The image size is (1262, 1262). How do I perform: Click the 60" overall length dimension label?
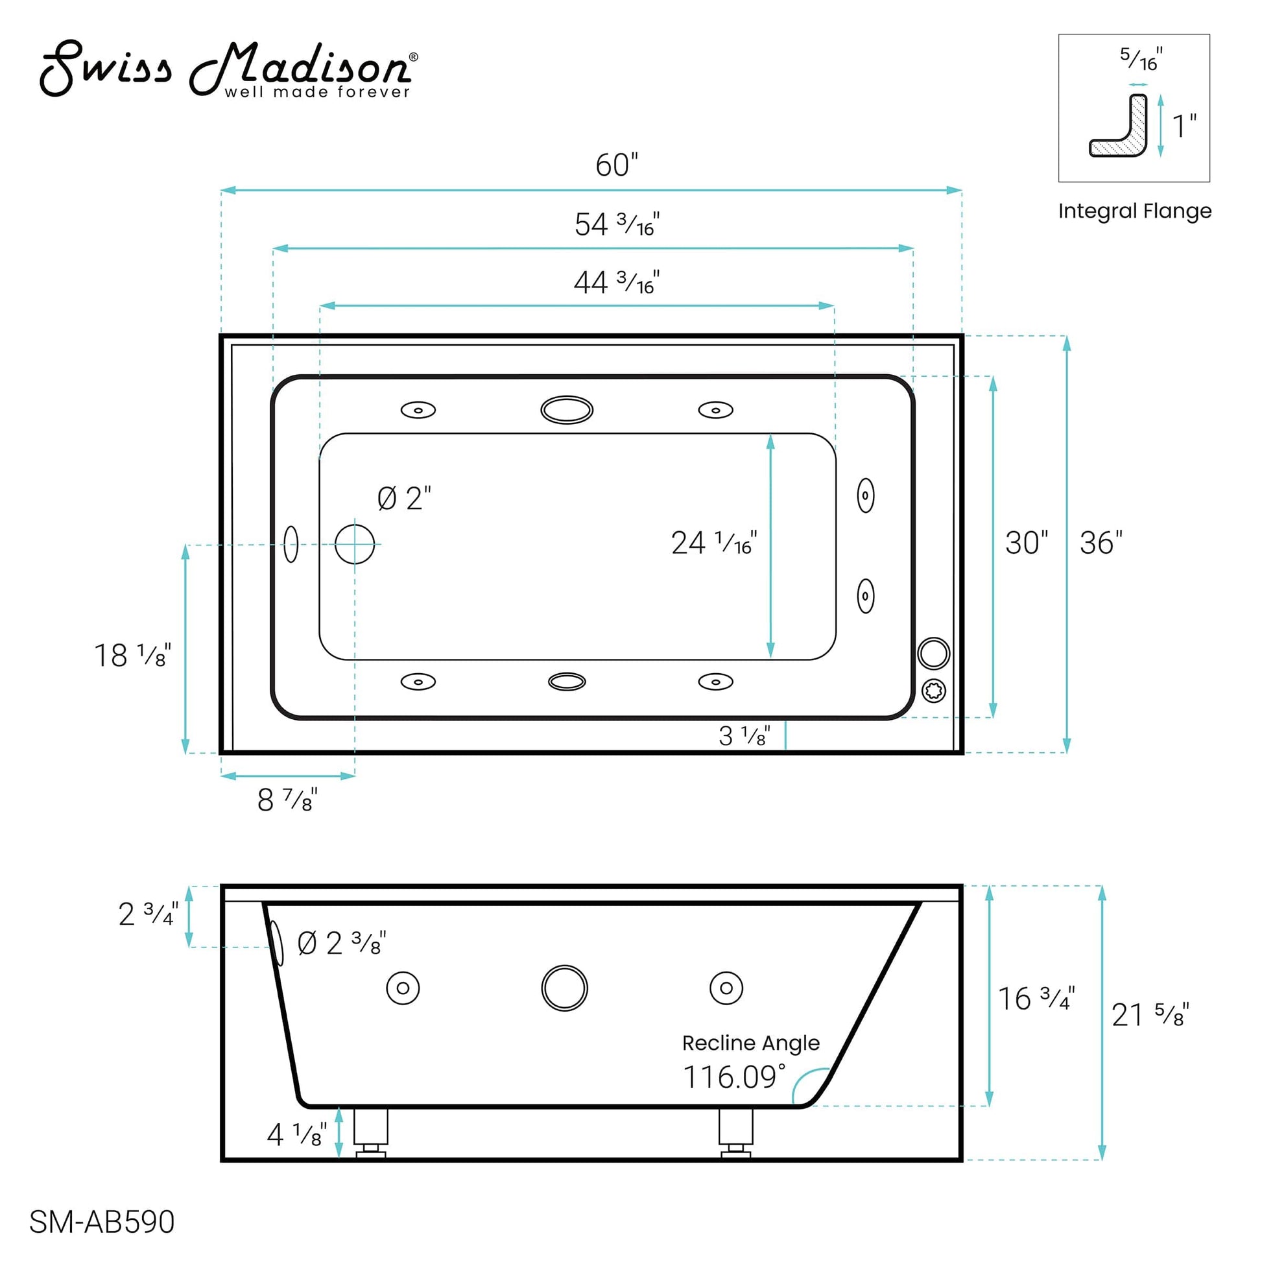[x=616, y=165]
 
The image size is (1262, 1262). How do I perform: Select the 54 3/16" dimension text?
[x=617, y=224]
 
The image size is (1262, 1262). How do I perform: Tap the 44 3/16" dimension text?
[x=617, y=283]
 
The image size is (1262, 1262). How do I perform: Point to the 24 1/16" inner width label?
[x=713, y=543]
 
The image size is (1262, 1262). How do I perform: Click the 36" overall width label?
[x=1101, y=543]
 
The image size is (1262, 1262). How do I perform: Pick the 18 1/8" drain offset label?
[x=132, y=656]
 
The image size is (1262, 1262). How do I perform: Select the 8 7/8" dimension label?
[x=287, y=800]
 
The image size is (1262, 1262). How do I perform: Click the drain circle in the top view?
[x=355, y=544]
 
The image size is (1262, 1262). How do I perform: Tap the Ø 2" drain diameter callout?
[x=404, y=499]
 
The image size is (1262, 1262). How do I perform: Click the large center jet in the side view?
[x=564, y=988]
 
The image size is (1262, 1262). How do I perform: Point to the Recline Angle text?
[x=750, y=1043]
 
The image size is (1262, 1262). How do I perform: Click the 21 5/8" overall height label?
[x=1150, y=1015]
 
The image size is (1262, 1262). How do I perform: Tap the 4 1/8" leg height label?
[x=296, y=1136]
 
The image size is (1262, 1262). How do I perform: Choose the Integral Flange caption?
[x=1135, y=211]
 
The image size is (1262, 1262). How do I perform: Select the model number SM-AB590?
[x=102, y=1222]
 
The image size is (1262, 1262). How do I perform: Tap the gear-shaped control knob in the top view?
[x=933, y=691]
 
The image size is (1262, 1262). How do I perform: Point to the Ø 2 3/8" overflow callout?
[x=342, y=943]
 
